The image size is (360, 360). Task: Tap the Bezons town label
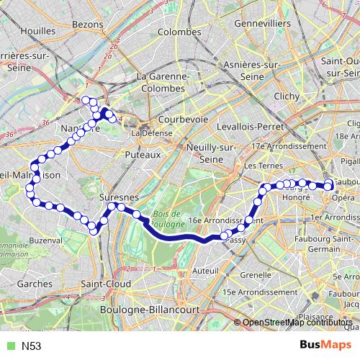point(89,24)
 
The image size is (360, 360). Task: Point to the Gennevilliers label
point(264,24)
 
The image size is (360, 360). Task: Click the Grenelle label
point(256,274)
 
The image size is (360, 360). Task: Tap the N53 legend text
point(31,346)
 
